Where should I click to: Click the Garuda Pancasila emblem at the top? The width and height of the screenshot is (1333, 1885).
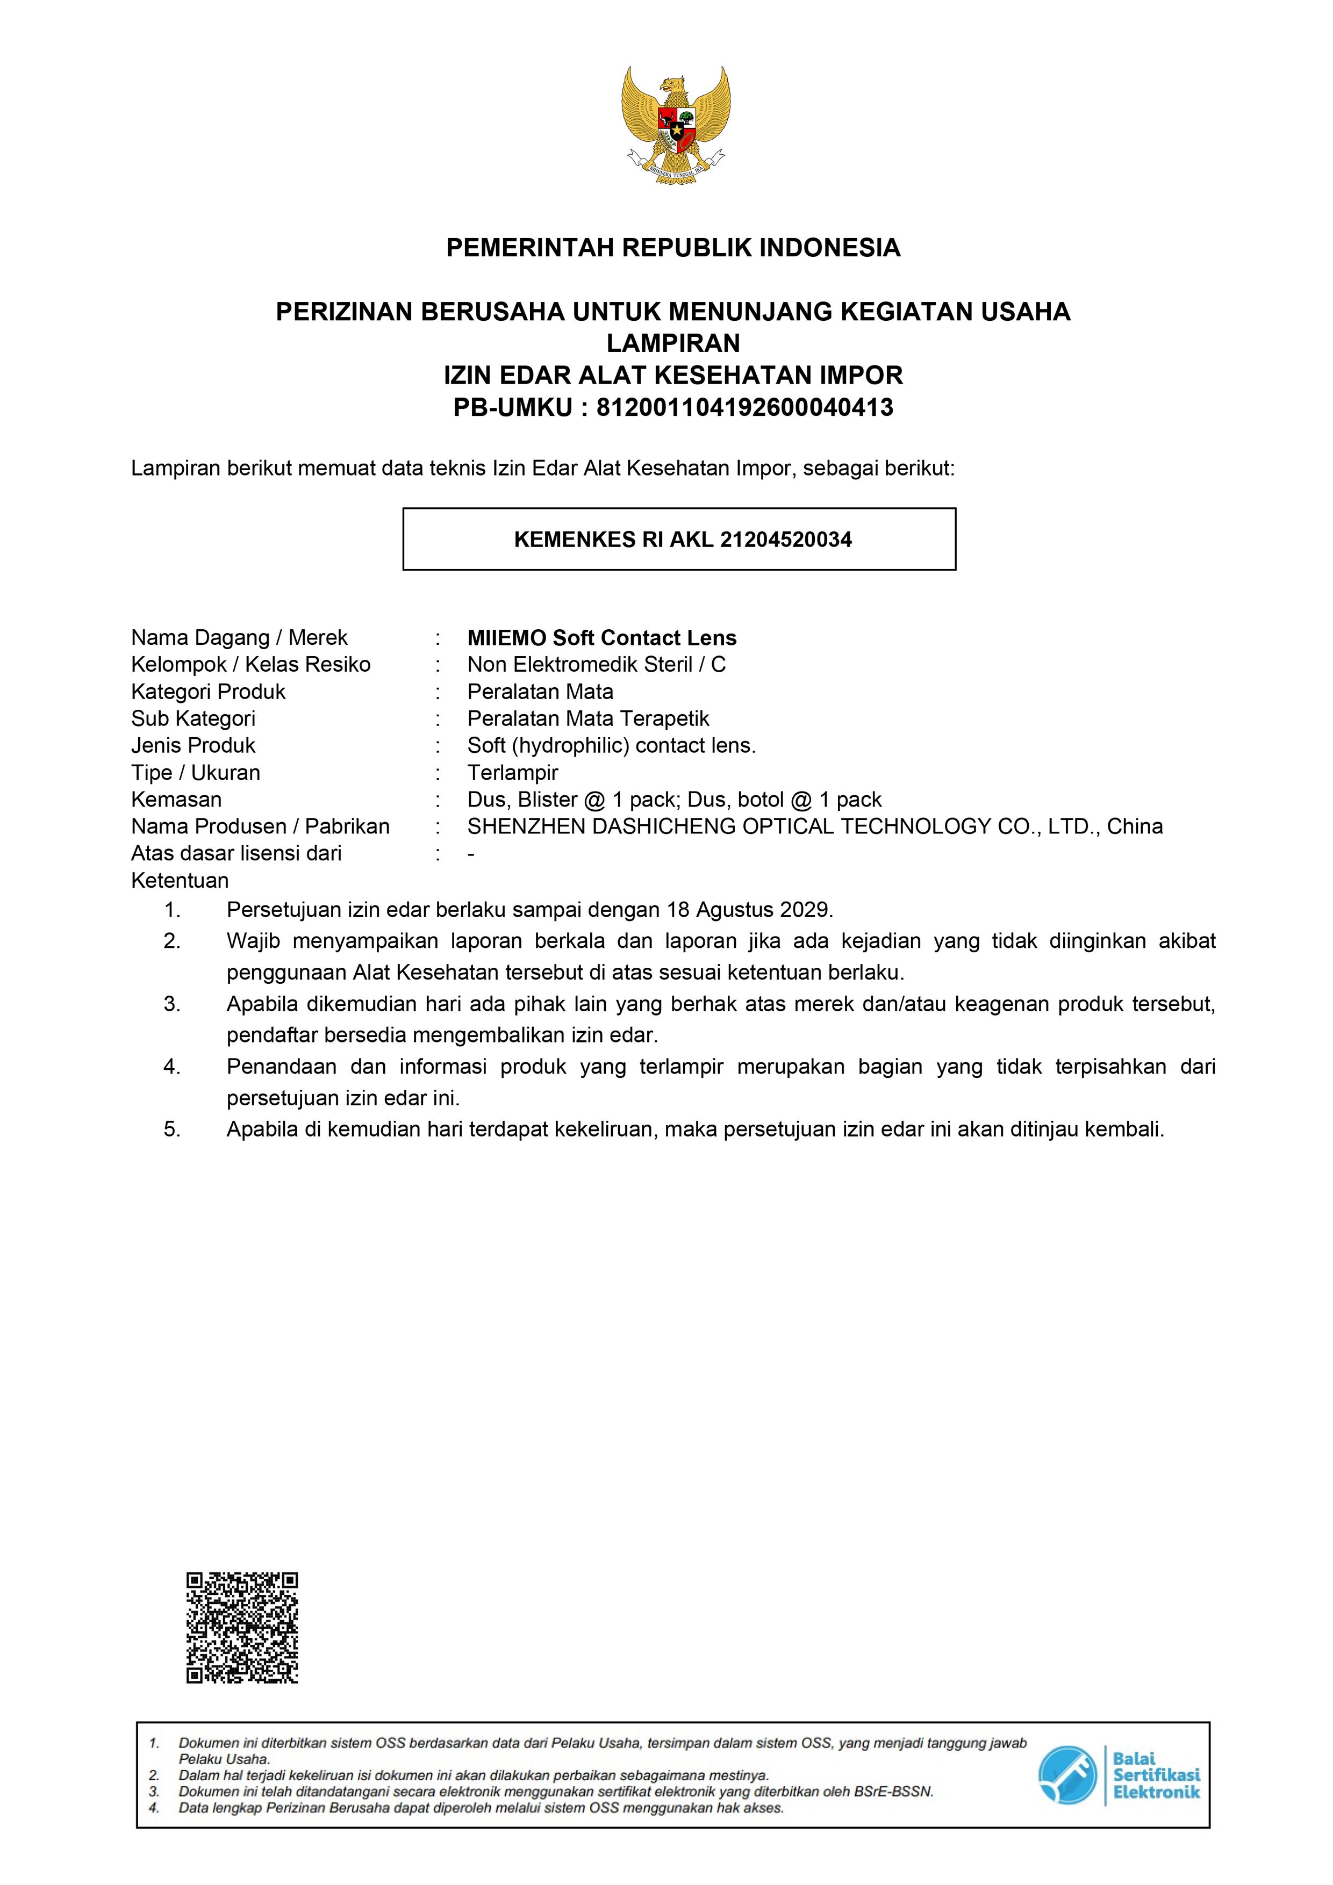click(x=675, y=126)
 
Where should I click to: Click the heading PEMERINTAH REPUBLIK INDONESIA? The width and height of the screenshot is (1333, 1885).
click(x=672, y=247)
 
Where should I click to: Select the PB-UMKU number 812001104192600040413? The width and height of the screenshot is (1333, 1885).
click(x=744, y=407)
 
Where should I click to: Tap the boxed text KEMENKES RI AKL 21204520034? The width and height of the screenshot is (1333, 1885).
click(x=683, y=539)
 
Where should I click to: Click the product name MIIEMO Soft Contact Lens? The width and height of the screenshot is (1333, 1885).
click(x=601, y=638)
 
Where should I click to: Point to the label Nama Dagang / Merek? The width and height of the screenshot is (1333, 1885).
click(x=239, y=638)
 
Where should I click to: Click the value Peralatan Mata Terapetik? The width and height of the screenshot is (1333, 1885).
click(x=588, y=718)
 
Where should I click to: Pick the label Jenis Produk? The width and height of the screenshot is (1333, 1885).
click(x=193, y=745)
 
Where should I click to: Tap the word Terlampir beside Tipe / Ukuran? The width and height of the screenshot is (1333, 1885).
click(x=512, y=773)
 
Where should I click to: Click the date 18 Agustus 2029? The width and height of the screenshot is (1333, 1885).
click(x=749, y=910)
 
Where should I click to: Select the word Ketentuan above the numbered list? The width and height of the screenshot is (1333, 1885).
click(x=180, y=880)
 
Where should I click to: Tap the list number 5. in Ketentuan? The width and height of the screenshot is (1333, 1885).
click(x=171, y=1129)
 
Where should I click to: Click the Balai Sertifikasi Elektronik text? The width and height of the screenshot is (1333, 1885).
click(x=1156, y=1776)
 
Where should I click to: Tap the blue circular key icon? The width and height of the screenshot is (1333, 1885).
click(x=1067, y=1776)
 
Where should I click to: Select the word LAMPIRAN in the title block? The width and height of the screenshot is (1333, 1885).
click(x=672, y=343)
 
